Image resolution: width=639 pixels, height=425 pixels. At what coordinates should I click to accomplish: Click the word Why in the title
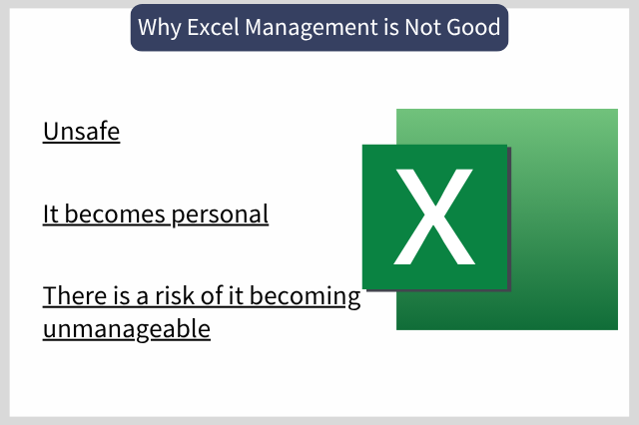click(160, 28)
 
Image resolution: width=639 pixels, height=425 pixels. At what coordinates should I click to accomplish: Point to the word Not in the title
click(422, 27)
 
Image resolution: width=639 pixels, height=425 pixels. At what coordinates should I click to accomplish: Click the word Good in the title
click(473, 27)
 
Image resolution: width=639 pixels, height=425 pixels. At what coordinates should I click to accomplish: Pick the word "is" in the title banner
click(390, 27)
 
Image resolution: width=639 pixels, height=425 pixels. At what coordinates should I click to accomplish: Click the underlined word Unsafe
click(82, 132)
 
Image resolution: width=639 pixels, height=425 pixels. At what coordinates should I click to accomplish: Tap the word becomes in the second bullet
click(115, 213)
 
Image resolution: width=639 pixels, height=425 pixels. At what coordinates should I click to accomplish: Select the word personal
click(220, 214)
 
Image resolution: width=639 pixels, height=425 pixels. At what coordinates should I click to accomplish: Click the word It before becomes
click(51, 213)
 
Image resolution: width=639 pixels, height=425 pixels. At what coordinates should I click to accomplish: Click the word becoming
click(305, 296)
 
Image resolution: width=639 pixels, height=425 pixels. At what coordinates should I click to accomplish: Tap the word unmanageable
click(127, 329)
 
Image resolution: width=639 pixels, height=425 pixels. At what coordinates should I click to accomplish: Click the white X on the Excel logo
click(434, 216)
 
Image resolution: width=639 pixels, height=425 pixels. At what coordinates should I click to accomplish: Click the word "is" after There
click(122, 295)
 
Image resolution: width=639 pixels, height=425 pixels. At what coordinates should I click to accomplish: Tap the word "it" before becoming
click(237, 295)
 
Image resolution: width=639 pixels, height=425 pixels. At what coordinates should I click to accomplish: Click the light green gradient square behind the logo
click(564, 219)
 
